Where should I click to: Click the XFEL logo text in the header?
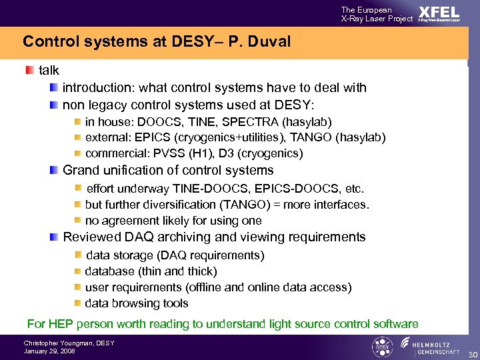pos(439,12)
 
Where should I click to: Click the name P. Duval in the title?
pos(262,41)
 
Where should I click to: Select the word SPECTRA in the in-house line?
pos(254,121)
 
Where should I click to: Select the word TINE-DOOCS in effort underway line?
pos(203,189)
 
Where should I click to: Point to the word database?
pos(109,271)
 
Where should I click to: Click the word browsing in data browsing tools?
pos(137,303)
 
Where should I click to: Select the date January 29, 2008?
pos(49,351)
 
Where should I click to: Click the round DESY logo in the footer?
pos(382,347)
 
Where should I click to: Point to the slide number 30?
pos(472,353)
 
